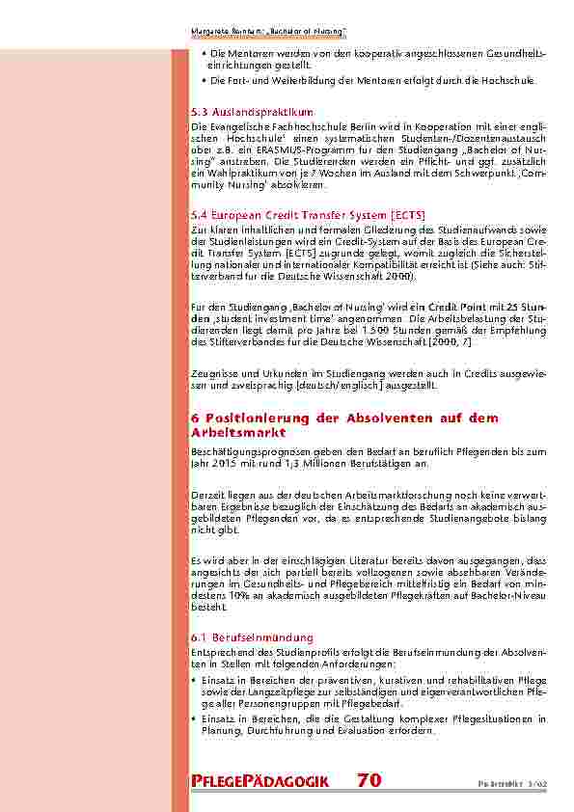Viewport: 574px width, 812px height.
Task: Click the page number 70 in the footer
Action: point(369,780)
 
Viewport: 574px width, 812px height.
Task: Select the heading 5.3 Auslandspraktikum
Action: point(252,112)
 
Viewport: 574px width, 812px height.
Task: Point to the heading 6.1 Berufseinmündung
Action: point(252,637)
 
